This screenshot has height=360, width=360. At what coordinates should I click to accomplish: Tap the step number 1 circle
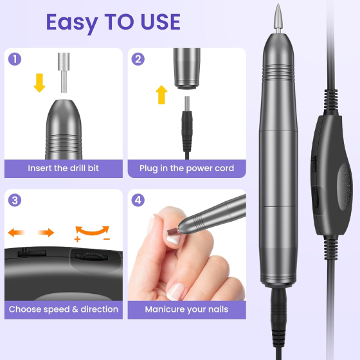pyautogui.click(x=17, y=60)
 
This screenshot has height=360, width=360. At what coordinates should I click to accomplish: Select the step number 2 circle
pyautogui.click(x=138, y=60)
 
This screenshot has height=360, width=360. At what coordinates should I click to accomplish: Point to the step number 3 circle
pyautogui.click(x=17, y=200)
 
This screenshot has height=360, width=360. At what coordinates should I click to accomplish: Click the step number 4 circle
pyautogui.click(x=138, y=200)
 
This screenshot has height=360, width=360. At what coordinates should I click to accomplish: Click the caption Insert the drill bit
pyautogui.click(x=63, y=168)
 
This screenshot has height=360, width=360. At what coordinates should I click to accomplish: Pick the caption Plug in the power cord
pyautogui.click(x=186, y=168)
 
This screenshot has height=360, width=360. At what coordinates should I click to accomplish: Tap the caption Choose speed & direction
pyautogui.click(x=63, y=309)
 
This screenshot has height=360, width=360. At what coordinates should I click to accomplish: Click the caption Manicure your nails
pyautogui.click(x=186, y=309)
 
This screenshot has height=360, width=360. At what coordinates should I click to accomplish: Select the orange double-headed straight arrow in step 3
pyautogui.click(x=31, y=232)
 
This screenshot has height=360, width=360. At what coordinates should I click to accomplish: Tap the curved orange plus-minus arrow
pyautogui.click(x=92, y=231)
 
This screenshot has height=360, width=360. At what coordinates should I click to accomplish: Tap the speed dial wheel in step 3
pyautogui.click(x=91, y=255)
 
